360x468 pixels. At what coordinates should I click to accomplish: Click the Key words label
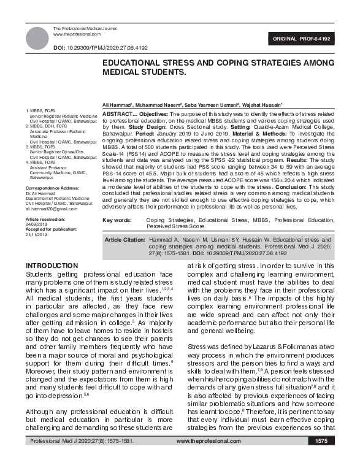pyautogui.click(x=117, y=220)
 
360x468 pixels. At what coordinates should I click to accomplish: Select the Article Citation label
pyautogui.click(x=125, y=240)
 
